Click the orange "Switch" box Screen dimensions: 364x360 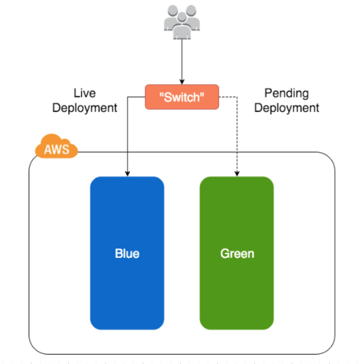182,97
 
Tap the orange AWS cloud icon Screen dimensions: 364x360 56,147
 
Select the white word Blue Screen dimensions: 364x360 127,253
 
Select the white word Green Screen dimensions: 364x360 237,253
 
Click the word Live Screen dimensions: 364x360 84,93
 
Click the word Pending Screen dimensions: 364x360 286,93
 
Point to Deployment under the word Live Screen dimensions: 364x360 84,107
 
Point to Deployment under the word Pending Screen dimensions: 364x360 287,107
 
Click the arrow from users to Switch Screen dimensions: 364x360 182,62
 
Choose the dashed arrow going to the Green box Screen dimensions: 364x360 237,137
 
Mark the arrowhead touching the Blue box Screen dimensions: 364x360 127,173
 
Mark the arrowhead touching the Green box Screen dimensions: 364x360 237,173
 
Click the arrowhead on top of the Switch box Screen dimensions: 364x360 182,81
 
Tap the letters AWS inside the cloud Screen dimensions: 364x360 56,150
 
